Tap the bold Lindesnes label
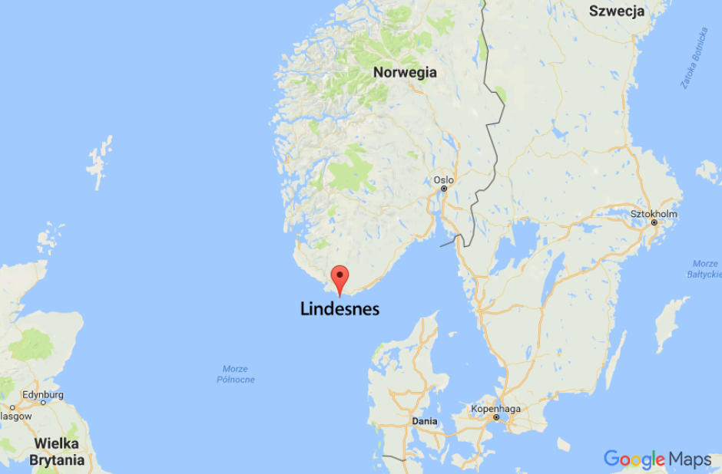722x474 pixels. tap(339, 308)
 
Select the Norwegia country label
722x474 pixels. tap(405, 73)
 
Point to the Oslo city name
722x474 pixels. tap(443, 180)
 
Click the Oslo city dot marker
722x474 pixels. tap(444, 189)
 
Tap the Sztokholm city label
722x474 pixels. tap(654, 214)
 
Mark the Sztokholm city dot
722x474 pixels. tap(654, 223)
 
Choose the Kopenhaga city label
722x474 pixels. tap(496, 409)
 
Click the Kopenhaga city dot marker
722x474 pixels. tap(496, 418)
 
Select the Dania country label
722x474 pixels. tap(425, 421)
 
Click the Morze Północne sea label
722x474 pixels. tap(235, 374)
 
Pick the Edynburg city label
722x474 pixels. tap(43, 395)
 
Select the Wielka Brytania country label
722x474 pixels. tap(57, 453)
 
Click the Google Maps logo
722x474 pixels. tap(657, 459)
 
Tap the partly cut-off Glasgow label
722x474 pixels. tap(15, 416)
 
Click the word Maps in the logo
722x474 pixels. tap(690, 459)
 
